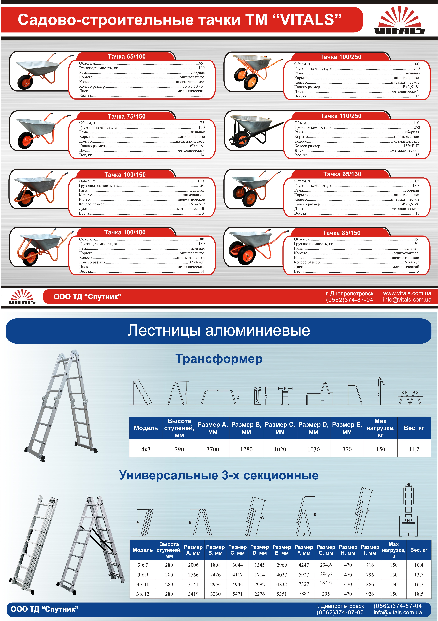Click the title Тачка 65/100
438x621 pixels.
[127, 57]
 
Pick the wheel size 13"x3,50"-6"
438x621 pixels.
[193, 86]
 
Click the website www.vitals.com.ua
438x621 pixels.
[407, 293]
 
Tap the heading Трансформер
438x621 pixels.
[219, 359]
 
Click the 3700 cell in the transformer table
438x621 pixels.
[213, 449]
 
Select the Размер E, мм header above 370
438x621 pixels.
[347, 428]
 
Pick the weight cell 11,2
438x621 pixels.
[414, 449]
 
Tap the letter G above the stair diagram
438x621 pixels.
[408, 485]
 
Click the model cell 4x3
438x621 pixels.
[146, 449]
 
